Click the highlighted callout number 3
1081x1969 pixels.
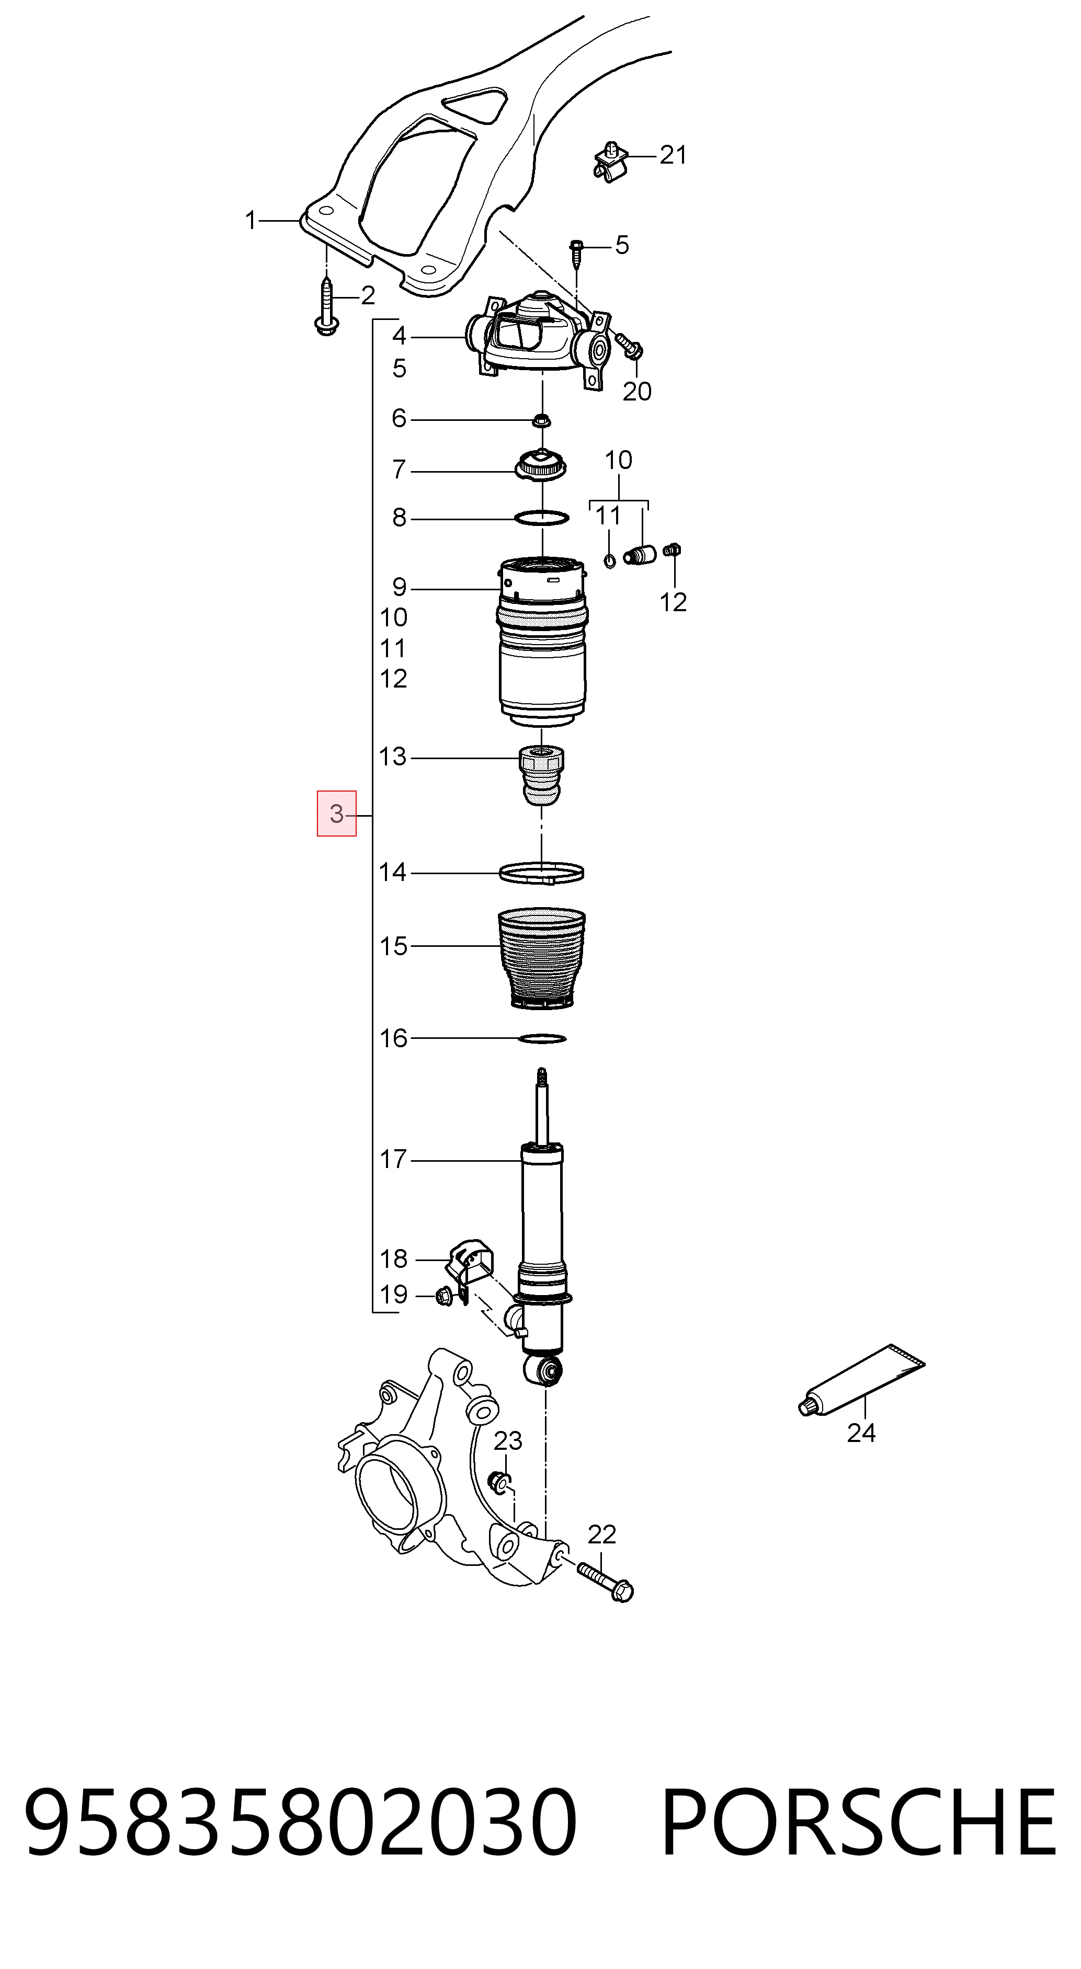tap(336, 814)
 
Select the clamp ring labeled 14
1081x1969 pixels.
tap(542, 872)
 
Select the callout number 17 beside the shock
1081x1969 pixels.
tap(394, 1160)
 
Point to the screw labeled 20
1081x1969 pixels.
tap(629, 346)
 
